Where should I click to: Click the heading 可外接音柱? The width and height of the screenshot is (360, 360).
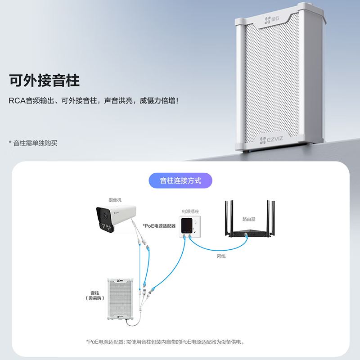[x=44, y=81]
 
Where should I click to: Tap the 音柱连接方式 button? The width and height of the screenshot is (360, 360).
[x=180, y=180]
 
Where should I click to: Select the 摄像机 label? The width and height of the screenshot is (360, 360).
[x=115, y=200]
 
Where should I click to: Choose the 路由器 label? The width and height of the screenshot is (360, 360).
[x=249, y=219]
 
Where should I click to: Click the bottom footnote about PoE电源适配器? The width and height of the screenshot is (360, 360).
[x=165, y=342]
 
